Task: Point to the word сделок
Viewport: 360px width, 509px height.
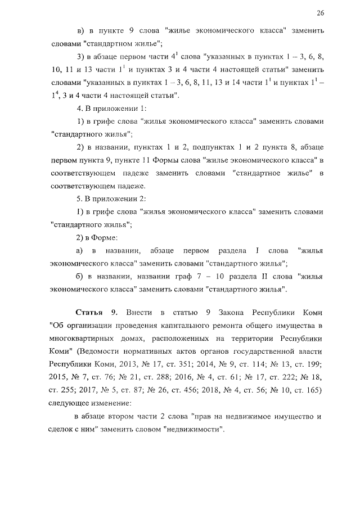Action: click(x=64, y=430)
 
